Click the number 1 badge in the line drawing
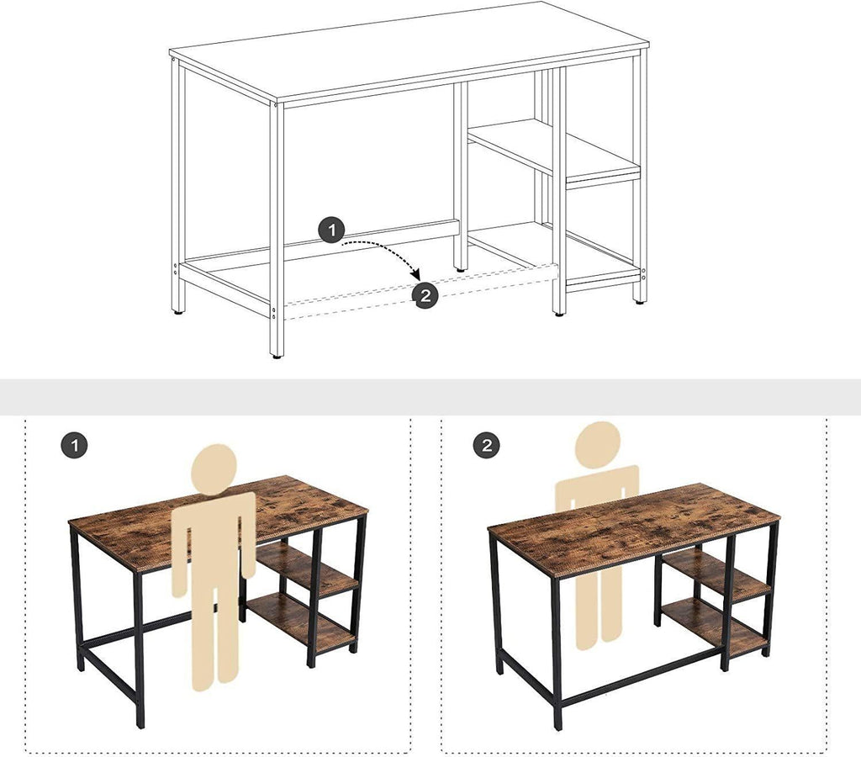[332, 230]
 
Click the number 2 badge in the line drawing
[425, 294]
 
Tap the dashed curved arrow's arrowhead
[415, 274]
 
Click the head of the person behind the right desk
[598, 444]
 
